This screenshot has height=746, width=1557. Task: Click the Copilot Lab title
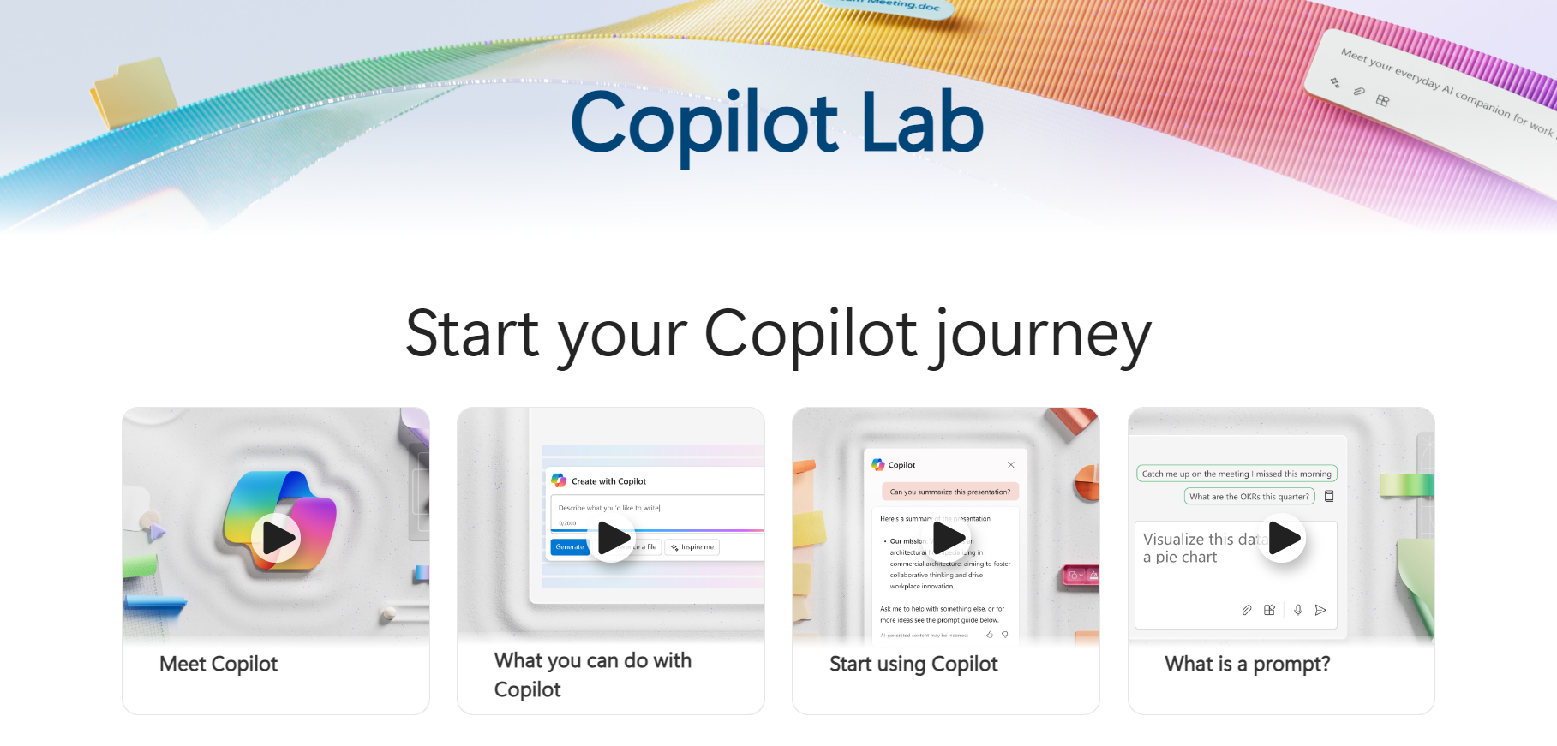pyautogui.click(x=777, y=124)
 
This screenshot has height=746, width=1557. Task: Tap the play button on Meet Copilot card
pyautogui.click(x=276, y=538)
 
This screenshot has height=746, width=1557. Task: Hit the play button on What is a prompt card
pyautogui.click(x=1282, y=538)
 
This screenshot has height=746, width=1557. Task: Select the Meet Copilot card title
pyautogui.click(x=219, y=664)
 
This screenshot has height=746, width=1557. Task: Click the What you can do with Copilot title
pyautogui.click(x=592, y=675)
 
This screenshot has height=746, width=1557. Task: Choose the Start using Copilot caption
pyautogui.click(x=913, y=664)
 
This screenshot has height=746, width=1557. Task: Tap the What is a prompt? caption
pyautogui.click(x=1247, y=664)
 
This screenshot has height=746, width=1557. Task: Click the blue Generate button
pyautogui.click(x=569, y=546)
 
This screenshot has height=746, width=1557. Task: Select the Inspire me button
pyautogui.click(x=692, y=546)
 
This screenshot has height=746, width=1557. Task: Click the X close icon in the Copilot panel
pyautogui.click(x=1011, y=464)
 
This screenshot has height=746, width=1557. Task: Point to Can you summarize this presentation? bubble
pyautogui.click(x=949, y=492)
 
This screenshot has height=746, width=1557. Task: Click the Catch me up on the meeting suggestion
pyautogui.click(x=1236, y=474)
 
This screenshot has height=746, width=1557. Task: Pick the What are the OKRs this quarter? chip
pyautogui.click(x=1249, y=497)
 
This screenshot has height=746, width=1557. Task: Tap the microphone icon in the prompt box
pyautogui.click(x=1298, y=610)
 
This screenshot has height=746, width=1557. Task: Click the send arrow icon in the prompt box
pyautogui.click(x=1320, y=610)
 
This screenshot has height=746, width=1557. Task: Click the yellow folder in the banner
pyautogui.click(x=135, y=90)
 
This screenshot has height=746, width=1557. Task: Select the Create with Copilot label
pyautogui.click(x=608, y=481)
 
